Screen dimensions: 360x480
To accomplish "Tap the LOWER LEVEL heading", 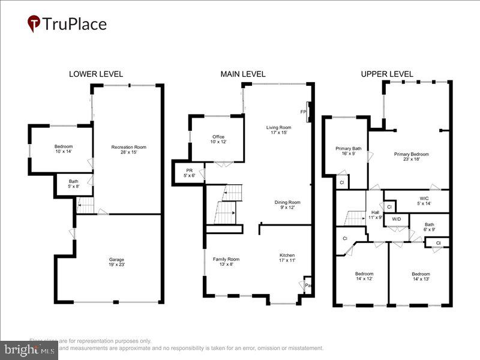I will pos(96,74).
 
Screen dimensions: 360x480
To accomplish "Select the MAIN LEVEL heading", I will pos(243,74).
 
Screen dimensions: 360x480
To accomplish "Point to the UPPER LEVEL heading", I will pos(387,74).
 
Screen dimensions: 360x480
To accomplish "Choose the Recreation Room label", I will pos(128,149).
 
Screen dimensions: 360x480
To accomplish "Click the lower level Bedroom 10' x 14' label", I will pos(63,149).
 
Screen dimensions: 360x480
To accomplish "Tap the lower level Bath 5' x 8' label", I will pos(73,184).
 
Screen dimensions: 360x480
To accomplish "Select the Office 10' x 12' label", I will pos(218,139).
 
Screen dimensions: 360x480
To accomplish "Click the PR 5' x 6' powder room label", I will pos(188,173).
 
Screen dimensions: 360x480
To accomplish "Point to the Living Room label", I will pos(278,130).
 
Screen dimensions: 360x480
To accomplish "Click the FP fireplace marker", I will pos(303,112).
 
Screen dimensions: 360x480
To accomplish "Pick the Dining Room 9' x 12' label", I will pos(287,205).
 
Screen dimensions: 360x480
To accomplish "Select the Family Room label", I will pos(226,262).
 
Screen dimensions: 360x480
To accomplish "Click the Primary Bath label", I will pos(348,151).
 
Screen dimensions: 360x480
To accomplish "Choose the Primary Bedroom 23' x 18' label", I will pos(411,157).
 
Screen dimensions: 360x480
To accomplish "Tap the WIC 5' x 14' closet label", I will pos(424,200).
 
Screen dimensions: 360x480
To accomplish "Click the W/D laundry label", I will pos(396,220).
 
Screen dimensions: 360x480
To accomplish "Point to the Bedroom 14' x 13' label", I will pos(420,277).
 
